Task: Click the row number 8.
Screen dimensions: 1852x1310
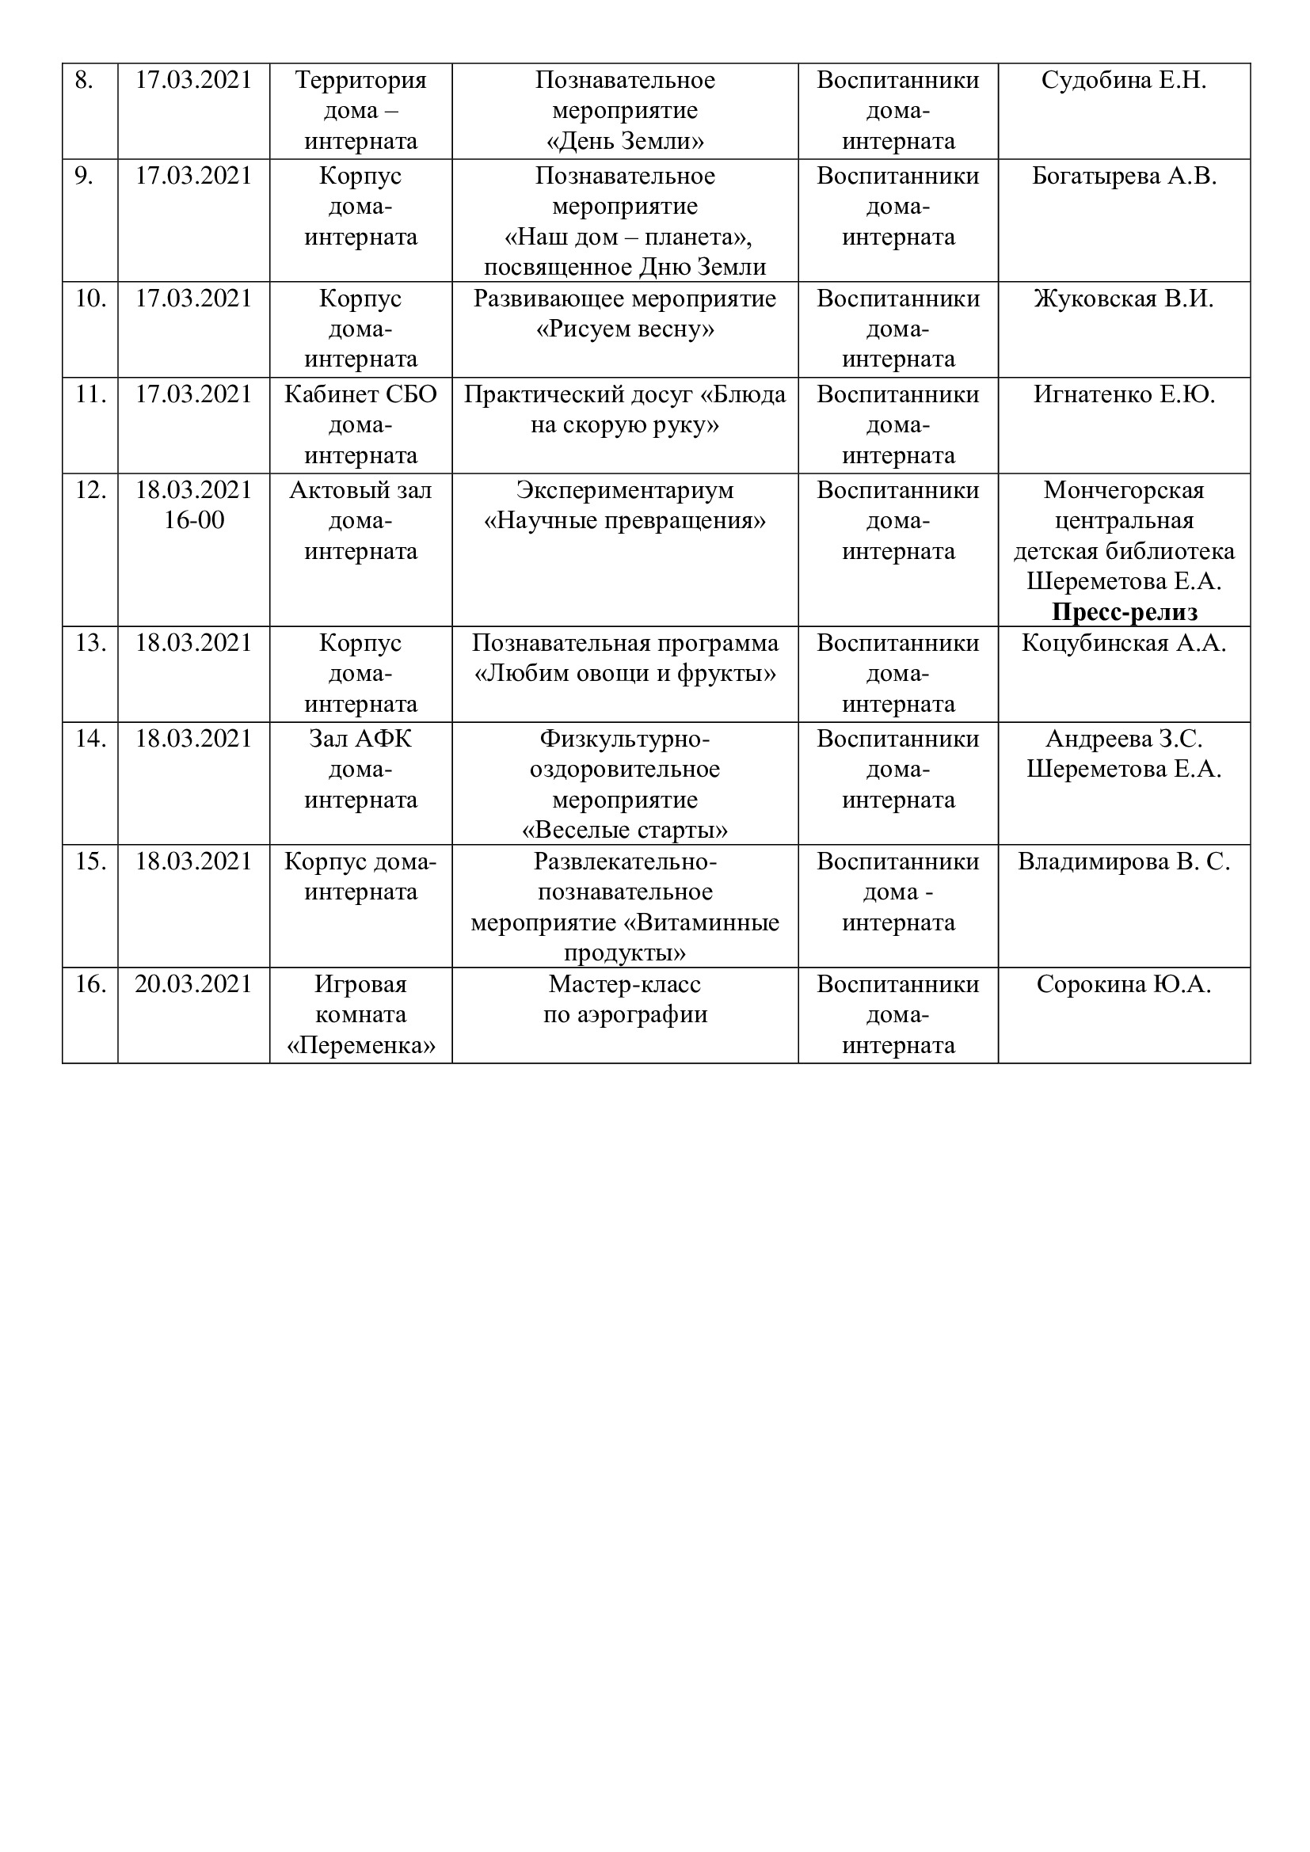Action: click(84, 81)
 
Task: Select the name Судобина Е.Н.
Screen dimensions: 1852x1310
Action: click(1124, 81)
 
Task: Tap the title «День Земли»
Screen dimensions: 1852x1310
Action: click(625, 142)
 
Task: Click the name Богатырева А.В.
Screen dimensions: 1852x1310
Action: click(1124, 177)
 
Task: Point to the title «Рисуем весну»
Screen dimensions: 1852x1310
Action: click(625, 330)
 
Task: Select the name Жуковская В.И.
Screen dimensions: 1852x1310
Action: click(1124, 299)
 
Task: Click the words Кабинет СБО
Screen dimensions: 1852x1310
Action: click(360, 395)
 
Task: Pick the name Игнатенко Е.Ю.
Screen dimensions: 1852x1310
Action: click(1124, 395)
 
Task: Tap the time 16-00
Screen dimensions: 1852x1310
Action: click(193, 521)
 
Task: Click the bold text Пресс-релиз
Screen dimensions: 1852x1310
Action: click(1124, 613)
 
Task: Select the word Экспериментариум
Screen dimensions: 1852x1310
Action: click(625, 490)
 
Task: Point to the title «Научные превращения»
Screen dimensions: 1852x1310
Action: click(625, 521)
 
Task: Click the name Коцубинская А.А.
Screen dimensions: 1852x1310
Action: click(1124, 644)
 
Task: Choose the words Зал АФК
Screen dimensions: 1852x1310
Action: click(360, 740)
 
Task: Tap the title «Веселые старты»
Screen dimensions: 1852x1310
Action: click(625, 831)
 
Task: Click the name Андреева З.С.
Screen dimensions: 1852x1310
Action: click(1124, 740)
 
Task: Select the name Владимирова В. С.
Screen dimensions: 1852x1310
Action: click(1124, 862)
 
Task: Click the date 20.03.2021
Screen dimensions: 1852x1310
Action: click(193, 985)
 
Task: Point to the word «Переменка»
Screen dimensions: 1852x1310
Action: click(360, 1046)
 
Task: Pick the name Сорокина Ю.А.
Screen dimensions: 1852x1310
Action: click(1124, 985)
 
